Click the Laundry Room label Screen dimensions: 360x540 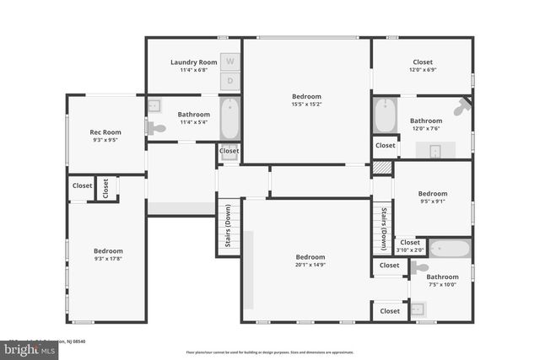(193, 62)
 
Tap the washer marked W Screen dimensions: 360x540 (230, 62)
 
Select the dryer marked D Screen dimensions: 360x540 (230, 81)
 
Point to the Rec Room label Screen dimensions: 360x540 (105, 132)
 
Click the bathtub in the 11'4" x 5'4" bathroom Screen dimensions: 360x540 (230, 119)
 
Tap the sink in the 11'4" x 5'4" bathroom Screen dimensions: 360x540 (154, 105)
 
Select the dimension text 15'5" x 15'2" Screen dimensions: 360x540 (306, 105)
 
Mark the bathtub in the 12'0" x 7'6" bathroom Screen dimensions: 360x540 (385, 116)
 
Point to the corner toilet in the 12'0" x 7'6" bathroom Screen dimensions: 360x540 (462, 108)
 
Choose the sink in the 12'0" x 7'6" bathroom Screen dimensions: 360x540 (435, 151)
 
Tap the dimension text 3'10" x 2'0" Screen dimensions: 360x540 (410, 250)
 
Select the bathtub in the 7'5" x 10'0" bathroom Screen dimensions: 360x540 (449, 249)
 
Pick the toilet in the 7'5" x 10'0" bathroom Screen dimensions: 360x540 (419, 267)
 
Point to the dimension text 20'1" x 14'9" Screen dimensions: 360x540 (310, 265)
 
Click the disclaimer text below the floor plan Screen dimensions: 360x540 (270, 352)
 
